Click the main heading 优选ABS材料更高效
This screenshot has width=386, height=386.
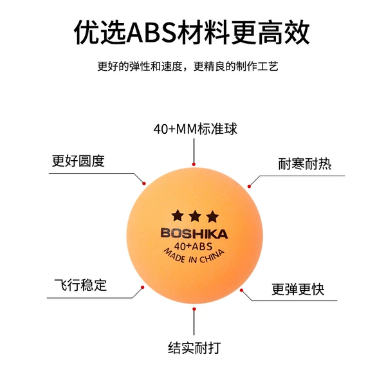pos(192,33)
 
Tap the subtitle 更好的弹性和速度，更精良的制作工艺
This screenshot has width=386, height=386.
pos(188,66)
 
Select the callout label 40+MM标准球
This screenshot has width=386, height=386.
pos(195,129)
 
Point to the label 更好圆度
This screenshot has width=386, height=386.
pos(78,161)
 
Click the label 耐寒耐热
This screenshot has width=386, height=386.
pos(304,163)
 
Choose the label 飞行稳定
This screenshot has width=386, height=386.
pos(80,285)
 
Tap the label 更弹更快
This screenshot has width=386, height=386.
pos(298,289)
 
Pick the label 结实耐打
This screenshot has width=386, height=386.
pos(194,348)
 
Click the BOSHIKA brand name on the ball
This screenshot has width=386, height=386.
pos(194,234)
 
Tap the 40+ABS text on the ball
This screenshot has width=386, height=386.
pos(193,246)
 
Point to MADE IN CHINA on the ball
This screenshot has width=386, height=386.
pos(194,257)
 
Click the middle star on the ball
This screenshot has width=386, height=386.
pos(195,216)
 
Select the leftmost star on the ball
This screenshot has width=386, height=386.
pos(178,216)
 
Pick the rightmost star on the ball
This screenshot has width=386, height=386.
pos(212,216)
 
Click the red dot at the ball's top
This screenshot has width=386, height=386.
pos(194,164)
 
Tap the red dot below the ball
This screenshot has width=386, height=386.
pos(194,309)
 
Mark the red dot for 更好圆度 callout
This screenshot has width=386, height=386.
pos(144,183)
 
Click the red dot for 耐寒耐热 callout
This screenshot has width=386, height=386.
pos(249,187)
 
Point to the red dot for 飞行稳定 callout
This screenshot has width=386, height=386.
pos(142,288)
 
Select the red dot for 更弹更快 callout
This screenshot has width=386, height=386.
pos(241,290)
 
